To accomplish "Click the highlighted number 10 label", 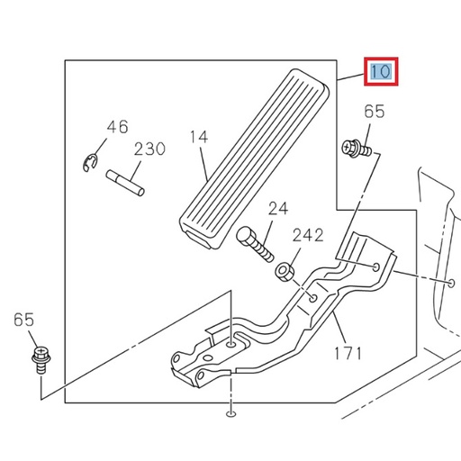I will [x=380, y=71].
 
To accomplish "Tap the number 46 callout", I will [x=117, y=127].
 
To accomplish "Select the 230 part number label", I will [x=149, y=149].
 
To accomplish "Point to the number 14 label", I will [x=198, y=137].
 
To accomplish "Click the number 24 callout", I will [x=278, y=209].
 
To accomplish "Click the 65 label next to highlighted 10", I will [x=374, y=113].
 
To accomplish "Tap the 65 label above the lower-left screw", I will [x=24, y=320].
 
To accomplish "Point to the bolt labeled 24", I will [x=257, y=243].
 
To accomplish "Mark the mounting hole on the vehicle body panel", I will [x=447, y=282].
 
